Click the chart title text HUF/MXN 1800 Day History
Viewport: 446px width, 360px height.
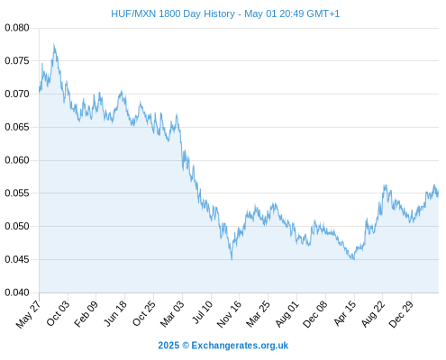[173, 13]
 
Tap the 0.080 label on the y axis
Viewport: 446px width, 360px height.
[17, 28]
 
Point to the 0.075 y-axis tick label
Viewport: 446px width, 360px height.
[17, 61]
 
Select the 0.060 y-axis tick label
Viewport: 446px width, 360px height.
[17, 160]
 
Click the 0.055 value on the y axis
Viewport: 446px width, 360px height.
[17, 193]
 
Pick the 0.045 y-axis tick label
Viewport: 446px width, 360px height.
[17, 259]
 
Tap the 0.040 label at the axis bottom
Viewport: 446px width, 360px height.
[17, 292]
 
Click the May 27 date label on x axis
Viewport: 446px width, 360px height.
[28, 314]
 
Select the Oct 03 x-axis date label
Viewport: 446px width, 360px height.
[58, 313]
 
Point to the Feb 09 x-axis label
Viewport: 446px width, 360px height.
[86, 314]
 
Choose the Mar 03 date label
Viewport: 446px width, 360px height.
[172, 314]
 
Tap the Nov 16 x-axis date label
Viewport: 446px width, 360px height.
[229, 314]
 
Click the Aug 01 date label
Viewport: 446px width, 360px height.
[287, 314]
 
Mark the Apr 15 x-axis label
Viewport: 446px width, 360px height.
[345, 313]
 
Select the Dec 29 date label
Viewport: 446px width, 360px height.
[401, 314]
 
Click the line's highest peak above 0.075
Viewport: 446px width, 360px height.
[54, 44]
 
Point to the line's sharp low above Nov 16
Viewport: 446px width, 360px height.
[232, 259]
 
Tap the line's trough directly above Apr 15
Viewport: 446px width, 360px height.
[354, 259]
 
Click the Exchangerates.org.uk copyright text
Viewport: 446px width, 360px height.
[223, 346]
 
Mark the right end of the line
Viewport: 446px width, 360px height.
[439, 192]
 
